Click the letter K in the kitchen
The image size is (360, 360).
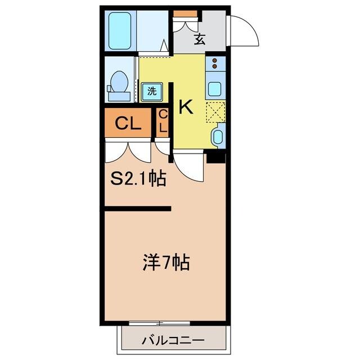click(x=186, y=107)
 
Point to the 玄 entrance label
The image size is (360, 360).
click(x=200, y=39)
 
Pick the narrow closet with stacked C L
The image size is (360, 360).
click(x=163, y=122)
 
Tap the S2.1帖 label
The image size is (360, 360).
click(x=137, y=179)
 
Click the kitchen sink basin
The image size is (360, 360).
click(x=215, y=89)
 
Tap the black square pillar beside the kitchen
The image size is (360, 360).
click(x=215, y=157)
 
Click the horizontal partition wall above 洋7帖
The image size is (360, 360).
click(x=138, y=209)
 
